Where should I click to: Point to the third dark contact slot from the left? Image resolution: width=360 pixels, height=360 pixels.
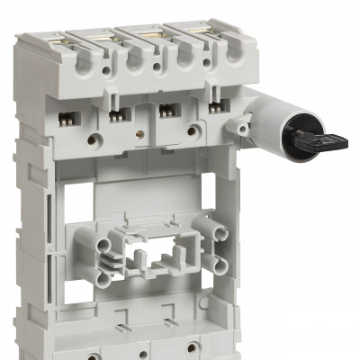point(166,112)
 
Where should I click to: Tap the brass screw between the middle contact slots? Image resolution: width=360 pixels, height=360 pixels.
point(140,129)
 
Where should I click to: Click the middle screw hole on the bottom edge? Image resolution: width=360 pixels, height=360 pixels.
point(139,348)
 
